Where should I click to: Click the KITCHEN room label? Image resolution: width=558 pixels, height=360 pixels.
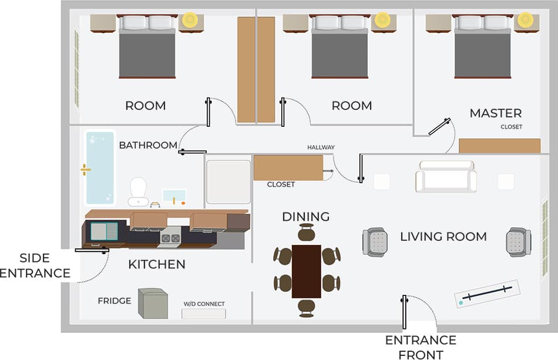[x=157, y=264]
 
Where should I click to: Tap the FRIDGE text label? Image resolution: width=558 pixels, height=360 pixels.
[x=114, y=301]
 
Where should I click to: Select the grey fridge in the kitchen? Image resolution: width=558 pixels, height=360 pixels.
[x=153, y=303]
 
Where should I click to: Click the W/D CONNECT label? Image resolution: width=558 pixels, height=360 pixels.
[x=204, y=304]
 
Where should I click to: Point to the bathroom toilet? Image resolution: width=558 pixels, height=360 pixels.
[x=138, y=191]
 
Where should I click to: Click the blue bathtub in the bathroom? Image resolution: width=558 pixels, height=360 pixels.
[x=100, y=168]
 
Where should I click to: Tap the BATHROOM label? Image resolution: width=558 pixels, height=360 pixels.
[x=148, y=145]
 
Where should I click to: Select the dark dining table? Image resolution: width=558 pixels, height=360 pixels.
[x=306, y=271]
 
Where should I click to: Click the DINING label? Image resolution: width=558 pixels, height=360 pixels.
[x=305, y=217]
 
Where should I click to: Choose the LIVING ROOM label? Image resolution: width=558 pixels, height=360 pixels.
[x=443, y=237]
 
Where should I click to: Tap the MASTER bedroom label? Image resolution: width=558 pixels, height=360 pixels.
[x=495, y=113]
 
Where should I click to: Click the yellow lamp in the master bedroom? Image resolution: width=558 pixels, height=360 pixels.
[x=526, y=19]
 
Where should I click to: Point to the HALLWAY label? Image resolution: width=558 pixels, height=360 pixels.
[x=321, y=147]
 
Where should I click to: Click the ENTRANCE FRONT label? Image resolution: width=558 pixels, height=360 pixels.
[x=420, y=346]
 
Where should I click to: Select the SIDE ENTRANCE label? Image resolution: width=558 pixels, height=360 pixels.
[x=35, y=265]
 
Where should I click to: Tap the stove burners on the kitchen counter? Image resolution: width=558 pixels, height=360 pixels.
[x=170, y=238]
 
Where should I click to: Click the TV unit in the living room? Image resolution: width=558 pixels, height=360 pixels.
[x=487, y=293]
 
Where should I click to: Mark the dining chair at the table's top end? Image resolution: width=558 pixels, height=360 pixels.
[x=306, y=233]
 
